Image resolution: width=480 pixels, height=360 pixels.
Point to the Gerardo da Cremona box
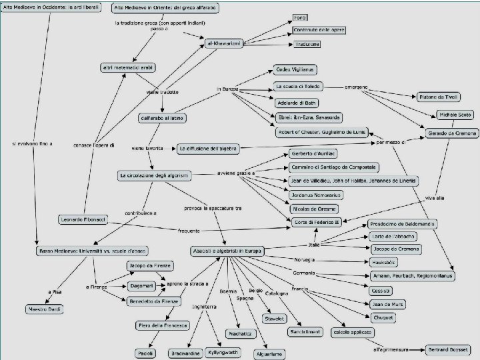(451, 133)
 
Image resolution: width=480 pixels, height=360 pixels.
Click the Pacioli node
(145, 352)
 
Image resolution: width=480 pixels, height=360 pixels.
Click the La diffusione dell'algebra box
(207, 148)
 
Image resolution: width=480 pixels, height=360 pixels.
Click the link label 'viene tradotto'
(163, 92)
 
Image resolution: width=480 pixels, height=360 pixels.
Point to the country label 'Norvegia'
(305, 259)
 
